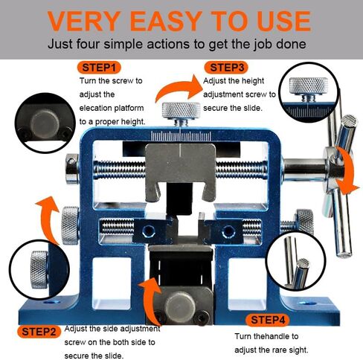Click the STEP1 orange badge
tap(99, 68)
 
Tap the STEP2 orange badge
tap(39, 332)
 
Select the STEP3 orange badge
tap(226, 68)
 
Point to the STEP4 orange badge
tap(267, 320)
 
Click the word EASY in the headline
tap(167, 21)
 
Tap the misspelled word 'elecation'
tap(95, 108)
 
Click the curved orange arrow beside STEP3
tap(179, 89)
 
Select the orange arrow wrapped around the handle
tap(347, 170)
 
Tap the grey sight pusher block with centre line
tap(181, 171)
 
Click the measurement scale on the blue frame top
tap(181, 136)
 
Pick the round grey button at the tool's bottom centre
tap(180, 307)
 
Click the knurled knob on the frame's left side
tap(70, 225)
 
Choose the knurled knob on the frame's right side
tap(305, 222)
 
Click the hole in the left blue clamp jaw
tap(149, 231)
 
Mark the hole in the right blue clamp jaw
tap(228, 231)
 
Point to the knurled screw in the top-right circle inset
tap(308, 89)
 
